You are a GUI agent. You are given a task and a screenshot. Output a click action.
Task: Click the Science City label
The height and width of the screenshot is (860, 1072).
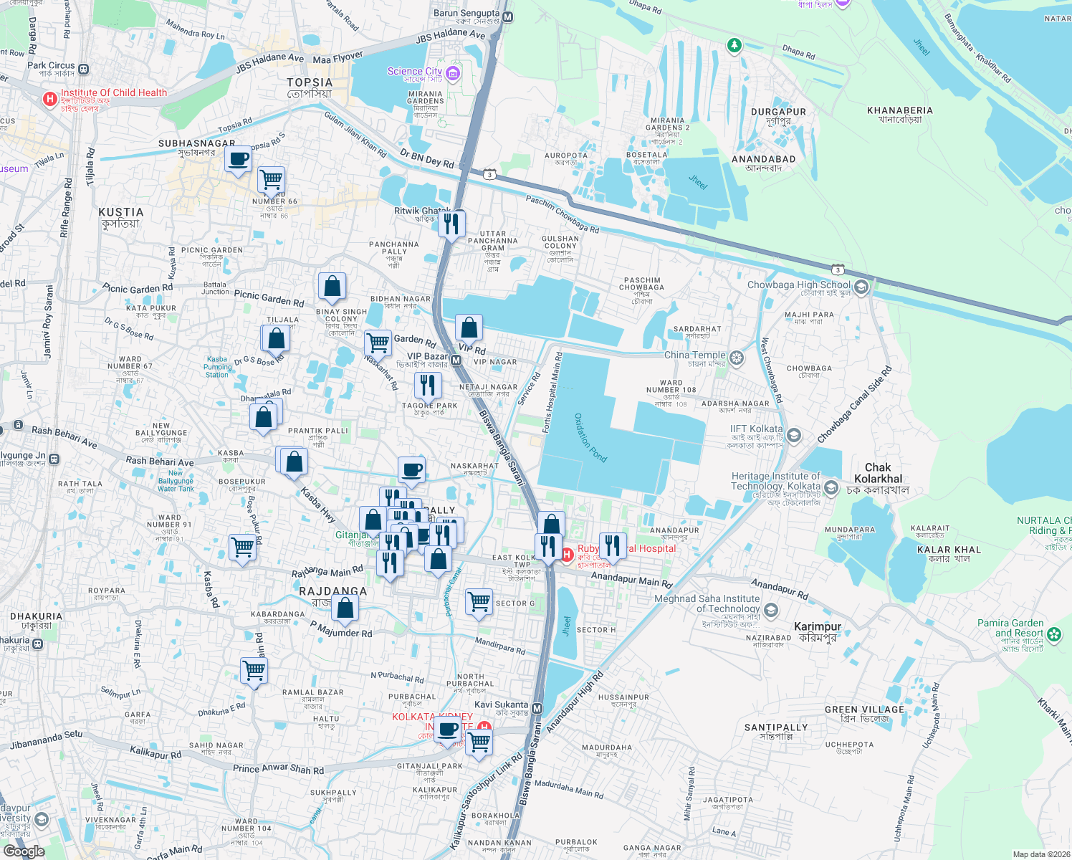pyautogui.click(x=414, y=71)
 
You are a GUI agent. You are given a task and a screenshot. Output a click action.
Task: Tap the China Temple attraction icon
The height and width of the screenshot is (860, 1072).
pyautogui.click(x=737, y=356)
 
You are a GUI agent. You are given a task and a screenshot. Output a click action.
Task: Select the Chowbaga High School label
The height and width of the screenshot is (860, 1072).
pyautogui.click(x=798, y=285)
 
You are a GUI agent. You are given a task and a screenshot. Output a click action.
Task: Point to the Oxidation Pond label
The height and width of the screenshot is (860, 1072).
pyautogui.click(x=590, y=438)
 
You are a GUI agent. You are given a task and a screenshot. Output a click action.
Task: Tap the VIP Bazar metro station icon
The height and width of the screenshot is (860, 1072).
pyautogui.click(x=456, y=360)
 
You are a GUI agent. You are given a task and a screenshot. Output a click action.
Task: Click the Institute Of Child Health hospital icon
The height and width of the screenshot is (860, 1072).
pyautogui.click(x=49, y=99)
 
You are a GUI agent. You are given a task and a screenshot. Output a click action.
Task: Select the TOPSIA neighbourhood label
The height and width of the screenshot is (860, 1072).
pyautogui.click(x=310, y=83)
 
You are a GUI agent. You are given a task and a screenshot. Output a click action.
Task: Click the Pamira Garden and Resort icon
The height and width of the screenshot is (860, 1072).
pyautogui.click(x=1053, y=634)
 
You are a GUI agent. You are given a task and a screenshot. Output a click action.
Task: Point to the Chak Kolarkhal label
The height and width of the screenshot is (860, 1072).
pyautogui.click(x=878, y=473)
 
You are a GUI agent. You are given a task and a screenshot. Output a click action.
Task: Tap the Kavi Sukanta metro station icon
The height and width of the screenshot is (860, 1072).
pyautogui.click(x=537, y=708)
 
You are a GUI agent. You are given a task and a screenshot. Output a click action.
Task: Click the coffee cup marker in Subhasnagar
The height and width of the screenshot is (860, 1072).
pyautogui.click(x=239, y=158)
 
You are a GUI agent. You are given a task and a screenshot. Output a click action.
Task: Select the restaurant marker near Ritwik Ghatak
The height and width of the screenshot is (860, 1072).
pyautogui.click(x=451, y=224)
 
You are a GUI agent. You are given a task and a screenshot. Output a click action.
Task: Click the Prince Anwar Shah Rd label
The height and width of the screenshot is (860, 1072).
pyautogui.click(x=278, y=769)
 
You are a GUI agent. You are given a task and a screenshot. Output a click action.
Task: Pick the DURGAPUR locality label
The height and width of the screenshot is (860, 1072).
pyautogui.click(x=778, y=113)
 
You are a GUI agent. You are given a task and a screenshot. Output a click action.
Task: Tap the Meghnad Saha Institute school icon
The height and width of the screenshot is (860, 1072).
pyautogui.click(x=771, y=610)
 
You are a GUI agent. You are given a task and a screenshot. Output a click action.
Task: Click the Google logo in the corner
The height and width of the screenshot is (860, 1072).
pyautogui.click(x=24, y=851)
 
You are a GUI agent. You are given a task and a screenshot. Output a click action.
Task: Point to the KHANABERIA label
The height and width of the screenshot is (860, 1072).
pyautogui.click(x=899, y=111)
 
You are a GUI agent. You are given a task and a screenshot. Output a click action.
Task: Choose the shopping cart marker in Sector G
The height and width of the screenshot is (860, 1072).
pyautogui.click(x=479, y=601)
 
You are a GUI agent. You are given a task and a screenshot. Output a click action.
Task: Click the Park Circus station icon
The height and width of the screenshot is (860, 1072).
pyautogui.click(x=84, y=70)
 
